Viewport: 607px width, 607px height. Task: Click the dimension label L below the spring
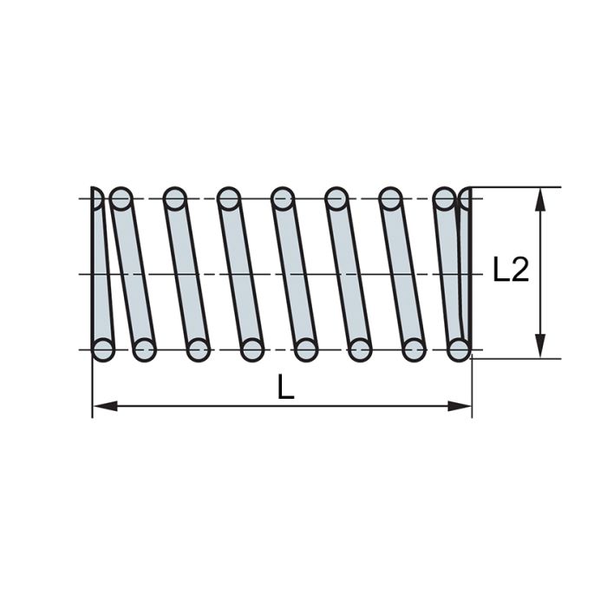pyautogui.click(x=286, y=388)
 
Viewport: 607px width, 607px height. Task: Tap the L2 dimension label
pyautogui.click(x=511, y=271)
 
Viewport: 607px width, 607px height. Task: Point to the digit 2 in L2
pyautogui.click(x=519, y=271)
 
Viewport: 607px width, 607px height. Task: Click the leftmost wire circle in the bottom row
pyautogui.click(x=102, y=349)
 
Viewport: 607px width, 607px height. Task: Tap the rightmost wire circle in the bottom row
pyautogui.click(x=460, y=349)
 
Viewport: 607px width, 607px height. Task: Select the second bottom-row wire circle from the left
pyautogui.click(x=143, y=349)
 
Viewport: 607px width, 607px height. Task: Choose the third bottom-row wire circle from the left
pyautogui.click(x=198, y=349)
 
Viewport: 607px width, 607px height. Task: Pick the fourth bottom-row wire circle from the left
pyautogui.click(x=251, y=349)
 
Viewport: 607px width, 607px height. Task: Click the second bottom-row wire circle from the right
pyautogui.click(x=414, y=349)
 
